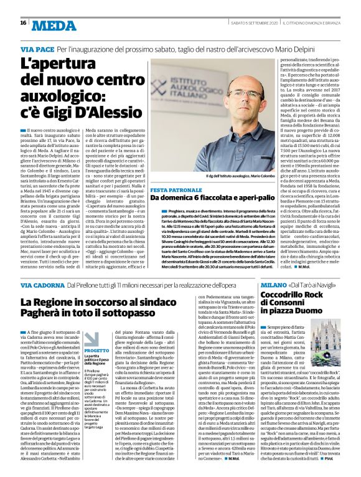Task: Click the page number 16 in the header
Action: [22, 23]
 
